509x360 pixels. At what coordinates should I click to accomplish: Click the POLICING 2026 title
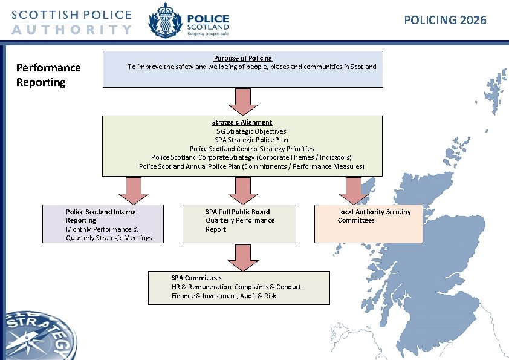445,21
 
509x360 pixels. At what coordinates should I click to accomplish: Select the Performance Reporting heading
48,74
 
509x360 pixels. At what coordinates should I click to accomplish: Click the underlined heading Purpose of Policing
242,58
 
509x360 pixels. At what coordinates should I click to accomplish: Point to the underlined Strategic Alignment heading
242,122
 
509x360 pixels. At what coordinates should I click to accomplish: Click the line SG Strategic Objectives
251,131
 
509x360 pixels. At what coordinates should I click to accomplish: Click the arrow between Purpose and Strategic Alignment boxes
242,101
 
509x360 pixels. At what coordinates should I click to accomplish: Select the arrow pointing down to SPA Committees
242,257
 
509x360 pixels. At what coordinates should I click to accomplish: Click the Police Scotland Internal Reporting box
103,224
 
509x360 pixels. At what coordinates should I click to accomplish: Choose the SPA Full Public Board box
239,224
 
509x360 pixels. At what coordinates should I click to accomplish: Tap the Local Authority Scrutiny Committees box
368,224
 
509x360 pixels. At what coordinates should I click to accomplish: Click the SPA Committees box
239,287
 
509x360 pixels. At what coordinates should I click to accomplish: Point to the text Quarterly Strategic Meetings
109,238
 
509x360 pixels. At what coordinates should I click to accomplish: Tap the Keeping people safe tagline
207,34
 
